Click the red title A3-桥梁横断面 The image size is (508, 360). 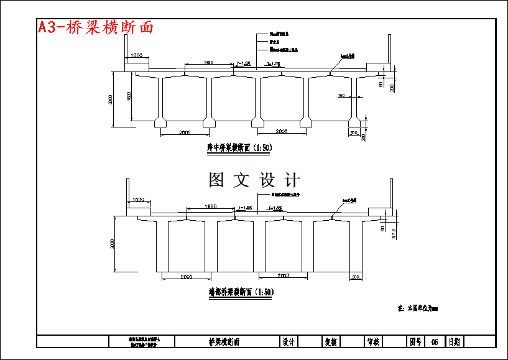tap(96, 27)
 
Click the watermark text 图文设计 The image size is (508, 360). tap(254, 180)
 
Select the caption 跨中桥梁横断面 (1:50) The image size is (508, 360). tap(239, 148)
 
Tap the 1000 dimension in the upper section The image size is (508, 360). tap(137, 57)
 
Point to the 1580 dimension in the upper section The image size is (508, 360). tap(208, 62)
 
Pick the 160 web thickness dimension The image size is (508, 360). tap(341, 95)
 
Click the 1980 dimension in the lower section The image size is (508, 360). tap(211, 206)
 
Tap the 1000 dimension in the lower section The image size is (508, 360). tap(137, 200)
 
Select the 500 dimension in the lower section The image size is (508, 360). tap(356, 277)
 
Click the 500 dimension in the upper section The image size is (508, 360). tap(354, 133)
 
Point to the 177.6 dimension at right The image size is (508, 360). tap(392, 232)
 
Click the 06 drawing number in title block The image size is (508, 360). tap(435, 342)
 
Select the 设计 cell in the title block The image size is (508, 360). tap(288, 342)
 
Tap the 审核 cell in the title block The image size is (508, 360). tap(373, 342)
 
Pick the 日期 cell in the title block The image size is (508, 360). tap(454, 342)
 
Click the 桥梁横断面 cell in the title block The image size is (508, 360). tap(224, 342)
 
